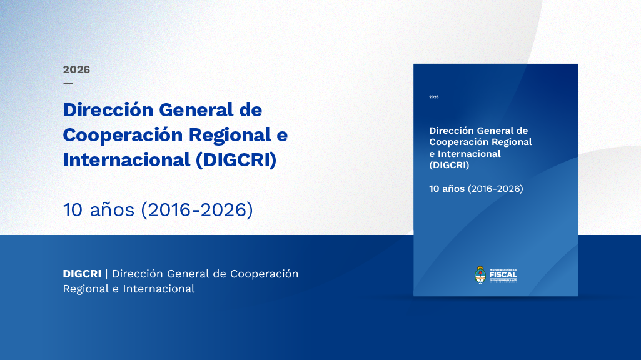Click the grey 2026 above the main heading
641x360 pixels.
[x=76, y=69]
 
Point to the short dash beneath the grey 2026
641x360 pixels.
[x=68, y=82]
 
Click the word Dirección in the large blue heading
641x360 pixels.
[x=108, y=109]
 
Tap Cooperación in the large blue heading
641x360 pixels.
[x=122, y=135]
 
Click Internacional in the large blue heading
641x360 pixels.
[x=126, y=160]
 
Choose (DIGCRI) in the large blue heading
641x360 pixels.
[x=236, y=160]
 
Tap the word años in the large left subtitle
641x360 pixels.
[x=113, y=210]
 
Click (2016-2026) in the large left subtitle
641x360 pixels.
[x=197, y=210]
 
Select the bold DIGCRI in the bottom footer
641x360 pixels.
[x=82, y=274]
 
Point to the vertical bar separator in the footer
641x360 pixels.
[x=106, y=274]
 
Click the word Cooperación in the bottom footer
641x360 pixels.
[x=264, y=274]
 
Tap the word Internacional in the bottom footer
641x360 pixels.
[x=159, y=289]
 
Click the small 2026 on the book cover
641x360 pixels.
[x=434, y=97]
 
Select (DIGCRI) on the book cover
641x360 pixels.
[x=449, y=165]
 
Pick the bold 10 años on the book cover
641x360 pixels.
[x=447, y=188]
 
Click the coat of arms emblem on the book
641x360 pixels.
[x=480, y=274]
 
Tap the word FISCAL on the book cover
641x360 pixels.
[x=503, y=274]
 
